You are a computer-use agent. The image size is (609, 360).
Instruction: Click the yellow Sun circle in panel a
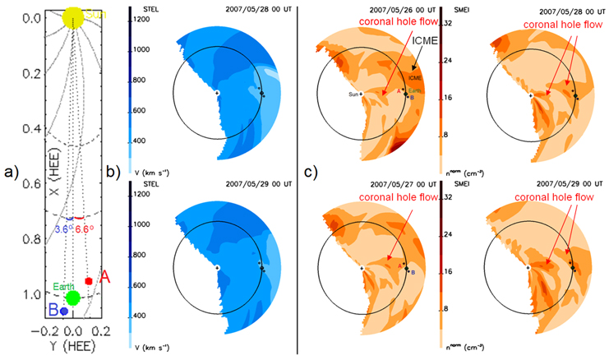(72, 16)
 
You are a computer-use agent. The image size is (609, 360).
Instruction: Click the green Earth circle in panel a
(72, 297)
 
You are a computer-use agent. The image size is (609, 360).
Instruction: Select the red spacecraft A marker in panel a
(89, 280)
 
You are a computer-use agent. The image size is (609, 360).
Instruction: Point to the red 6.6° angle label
(82, 229)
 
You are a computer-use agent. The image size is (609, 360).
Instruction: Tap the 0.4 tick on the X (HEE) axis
(33, 129)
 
